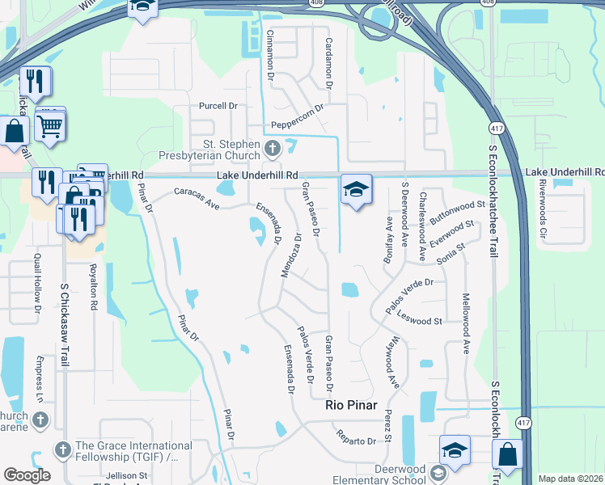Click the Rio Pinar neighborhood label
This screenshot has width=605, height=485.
coord(351,406)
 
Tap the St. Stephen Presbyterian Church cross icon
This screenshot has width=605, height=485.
coord(273,148)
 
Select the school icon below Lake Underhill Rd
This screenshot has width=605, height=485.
coord(356,189)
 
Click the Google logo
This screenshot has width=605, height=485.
coord(27,475)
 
